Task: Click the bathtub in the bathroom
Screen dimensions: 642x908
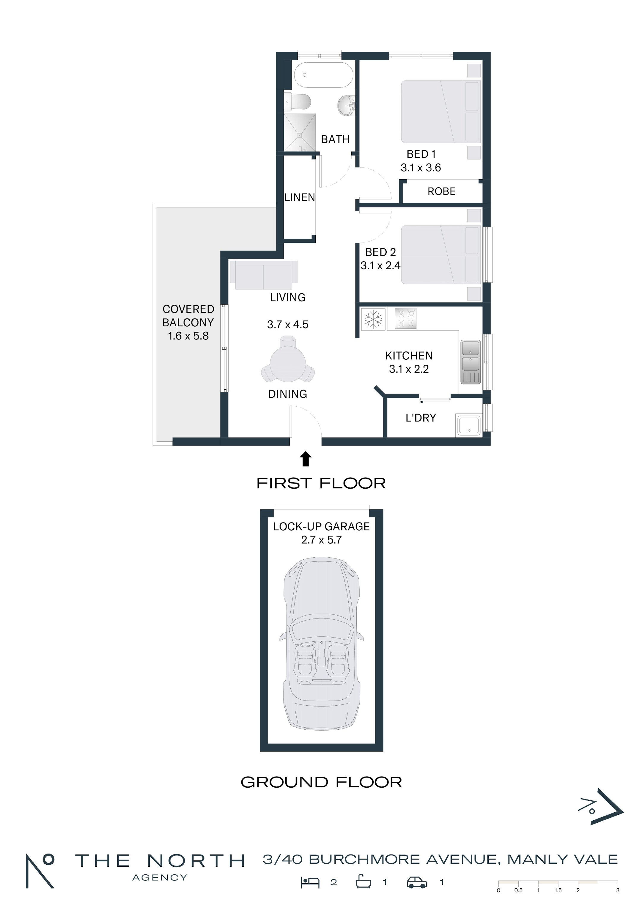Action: [324, 74]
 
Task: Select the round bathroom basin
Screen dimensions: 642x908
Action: [347, 106]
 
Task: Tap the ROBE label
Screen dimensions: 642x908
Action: [441, 191]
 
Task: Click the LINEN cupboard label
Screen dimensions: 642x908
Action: [300, 197]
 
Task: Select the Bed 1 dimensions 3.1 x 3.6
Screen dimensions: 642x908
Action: [421, 168]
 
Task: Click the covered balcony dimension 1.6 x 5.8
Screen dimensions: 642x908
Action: [188, 336]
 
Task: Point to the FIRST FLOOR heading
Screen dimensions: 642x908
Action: [321, 483]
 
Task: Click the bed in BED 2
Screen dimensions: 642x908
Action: [441, 255]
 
